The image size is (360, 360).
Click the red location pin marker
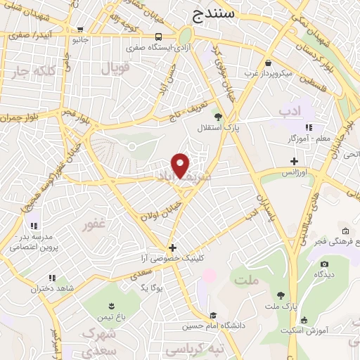coord(181,165)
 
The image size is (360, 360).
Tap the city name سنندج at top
coord(213,13)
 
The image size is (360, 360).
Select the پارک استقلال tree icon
coord(219,117)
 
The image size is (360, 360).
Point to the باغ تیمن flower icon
coord(110,305)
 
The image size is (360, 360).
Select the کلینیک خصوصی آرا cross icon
coord(173,247)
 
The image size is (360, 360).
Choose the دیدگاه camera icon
coord(324,264)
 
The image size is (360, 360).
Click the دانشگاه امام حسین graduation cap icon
coord(213,315)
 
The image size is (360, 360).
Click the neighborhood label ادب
coord(289,111)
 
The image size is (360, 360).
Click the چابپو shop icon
coord(79,30)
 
